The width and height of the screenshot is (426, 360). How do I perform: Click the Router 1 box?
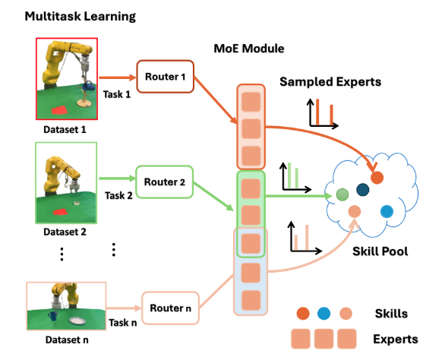(x=166, y=77)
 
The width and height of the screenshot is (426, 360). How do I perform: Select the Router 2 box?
(x=164, y=182)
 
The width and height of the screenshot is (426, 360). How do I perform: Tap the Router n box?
(x=170, y=308)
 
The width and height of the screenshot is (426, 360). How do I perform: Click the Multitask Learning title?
(x=80, y=16)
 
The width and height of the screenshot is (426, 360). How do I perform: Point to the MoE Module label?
(x=249, y=49)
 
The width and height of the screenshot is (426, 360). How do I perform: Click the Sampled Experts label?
(x=330, y=82)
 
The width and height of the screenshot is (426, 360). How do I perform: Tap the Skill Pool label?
(x=380, y=251)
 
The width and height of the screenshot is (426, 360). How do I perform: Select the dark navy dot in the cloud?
(x=363, y=190)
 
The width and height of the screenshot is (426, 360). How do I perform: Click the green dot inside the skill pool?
(x=342, y=194)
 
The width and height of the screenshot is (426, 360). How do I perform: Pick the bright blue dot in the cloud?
(x=387, y=211)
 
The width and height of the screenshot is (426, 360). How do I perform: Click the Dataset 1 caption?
(x=65, y=130)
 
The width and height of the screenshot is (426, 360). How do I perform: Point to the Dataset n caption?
(x=67, y=340)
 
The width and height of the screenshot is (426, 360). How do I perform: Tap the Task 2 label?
(x=118, y=196)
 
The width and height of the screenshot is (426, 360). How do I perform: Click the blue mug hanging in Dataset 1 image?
(x=89, y=86)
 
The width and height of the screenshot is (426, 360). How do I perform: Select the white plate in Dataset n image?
(x=77, y=321)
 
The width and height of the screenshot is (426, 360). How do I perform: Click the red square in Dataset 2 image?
(x=60, y=212)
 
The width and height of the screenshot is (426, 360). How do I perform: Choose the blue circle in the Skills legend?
(x=323, y=314)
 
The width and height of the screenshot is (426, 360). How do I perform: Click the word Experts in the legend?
(x=396, y=339)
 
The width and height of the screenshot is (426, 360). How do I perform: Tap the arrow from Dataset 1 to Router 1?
(x=118, y=77)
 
